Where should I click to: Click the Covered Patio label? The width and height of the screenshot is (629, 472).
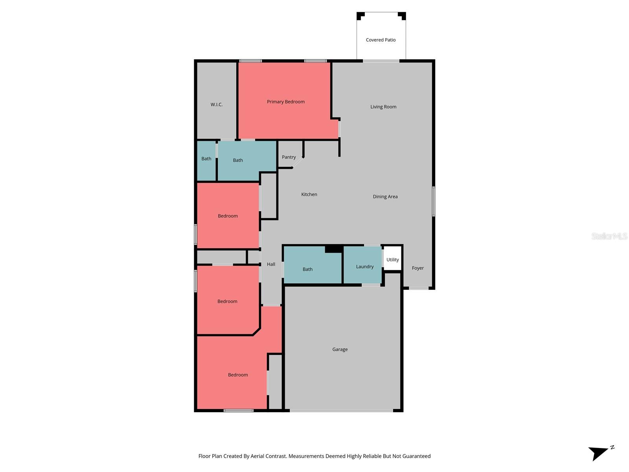click(381, 40)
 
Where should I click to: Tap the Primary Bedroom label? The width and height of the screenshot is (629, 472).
click(286, 101)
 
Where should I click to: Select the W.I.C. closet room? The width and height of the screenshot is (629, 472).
click(217, 104)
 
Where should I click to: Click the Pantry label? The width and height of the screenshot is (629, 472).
click(289, 157)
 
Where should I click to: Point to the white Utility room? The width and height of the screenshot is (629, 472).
click(392, 260)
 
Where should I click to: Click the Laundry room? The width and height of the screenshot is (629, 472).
click(364, 266)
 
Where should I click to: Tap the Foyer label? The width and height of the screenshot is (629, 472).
click(417, 268)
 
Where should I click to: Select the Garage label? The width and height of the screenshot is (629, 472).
click(340, 349)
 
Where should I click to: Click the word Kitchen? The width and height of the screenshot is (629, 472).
click(309, 194)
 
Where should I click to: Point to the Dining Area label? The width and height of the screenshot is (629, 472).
click(385, 197)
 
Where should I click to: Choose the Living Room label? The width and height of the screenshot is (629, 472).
click(383, 107)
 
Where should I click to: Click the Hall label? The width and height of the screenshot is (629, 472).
click(271, 264)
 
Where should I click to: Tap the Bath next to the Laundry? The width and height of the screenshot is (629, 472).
click(307, 269)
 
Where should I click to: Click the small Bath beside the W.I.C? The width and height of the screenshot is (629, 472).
click(206, 159)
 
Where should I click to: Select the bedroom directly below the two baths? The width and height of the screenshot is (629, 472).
click(228, 216)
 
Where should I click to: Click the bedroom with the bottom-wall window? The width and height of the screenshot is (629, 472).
click(238, 375)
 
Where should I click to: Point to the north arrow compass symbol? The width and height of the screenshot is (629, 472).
click(600, 453)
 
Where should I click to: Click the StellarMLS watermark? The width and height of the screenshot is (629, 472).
click(609, 236)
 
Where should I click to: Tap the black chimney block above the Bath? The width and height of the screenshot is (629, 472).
click(334, 249)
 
